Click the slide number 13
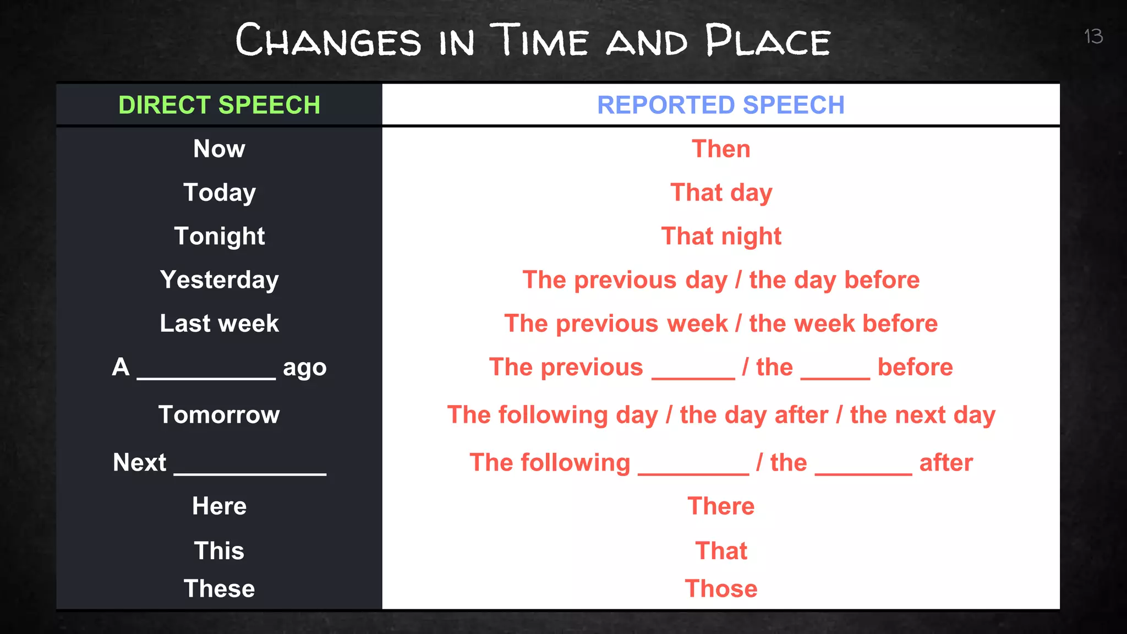pos(1093,36)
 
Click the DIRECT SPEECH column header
pos(219,105)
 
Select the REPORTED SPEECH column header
pos(720,105)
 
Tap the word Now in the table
pos(219,149)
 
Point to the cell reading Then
pos(721,149)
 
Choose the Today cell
pos(219,193)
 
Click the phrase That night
pos(721,236)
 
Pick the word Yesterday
pos(219,280)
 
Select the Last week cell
pos(219,323)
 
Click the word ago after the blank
pos(304,368)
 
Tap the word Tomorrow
pos(219,414)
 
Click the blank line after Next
pos(250,468)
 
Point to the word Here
pos(219,506)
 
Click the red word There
pos(721,506)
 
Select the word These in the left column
pos(219,588)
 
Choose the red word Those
pos(721,588)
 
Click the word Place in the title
pos(767,41)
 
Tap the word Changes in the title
pos(328,41)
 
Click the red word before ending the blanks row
pos(915,367)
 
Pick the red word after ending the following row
pos(946,462)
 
